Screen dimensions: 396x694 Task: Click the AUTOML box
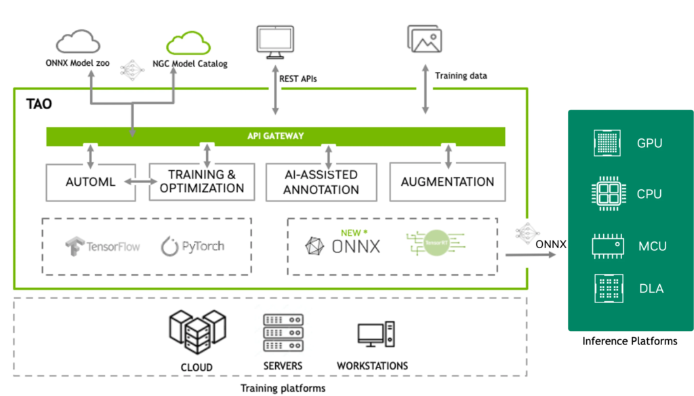tap(90, 182)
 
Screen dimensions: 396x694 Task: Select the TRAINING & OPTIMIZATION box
tap(202, 182)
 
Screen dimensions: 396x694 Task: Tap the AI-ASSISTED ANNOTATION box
tap(321, 182)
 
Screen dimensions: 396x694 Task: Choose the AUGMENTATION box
tap(447, 182)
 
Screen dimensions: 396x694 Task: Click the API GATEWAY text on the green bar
tap(275, 136)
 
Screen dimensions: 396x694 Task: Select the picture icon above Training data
tap(425, 39)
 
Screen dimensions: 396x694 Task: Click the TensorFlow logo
tap(102, 246)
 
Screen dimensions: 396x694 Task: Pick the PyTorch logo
tap(193, 246)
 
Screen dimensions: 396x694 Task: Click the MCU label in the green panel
tap(653, 246)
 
